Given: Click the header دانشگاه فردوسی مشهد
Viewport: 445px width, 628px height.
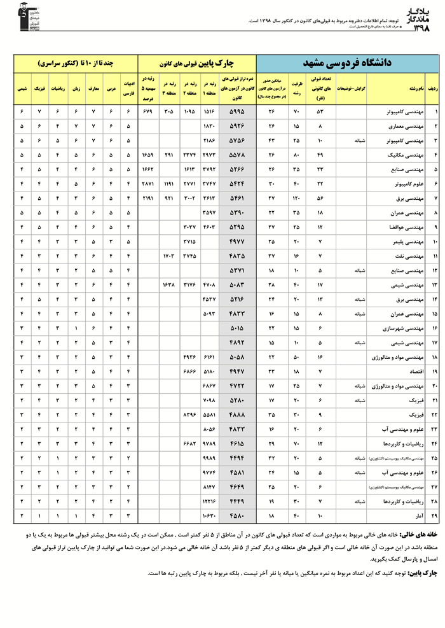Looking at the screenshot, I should point(347,64).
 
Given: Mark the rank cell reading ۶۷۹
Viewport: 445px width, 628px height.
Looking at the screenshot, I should point(147,113).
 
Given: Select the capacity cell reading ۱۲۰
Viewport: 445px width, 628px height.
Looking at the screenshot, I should point(296,199).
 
